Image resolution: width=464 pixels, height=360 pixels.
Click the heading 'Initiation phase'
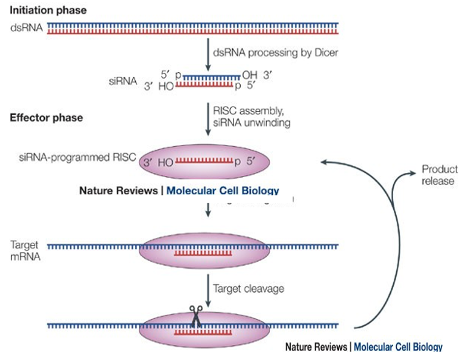pyautogui.click(x=48, y=10)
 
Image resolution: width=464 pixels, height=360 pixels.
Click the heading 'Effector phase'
pyautogui.click(x=46, y=117)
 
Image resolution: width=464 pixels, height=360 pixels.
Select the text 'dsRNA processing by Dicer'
pyautogui.click(x=276, y=52)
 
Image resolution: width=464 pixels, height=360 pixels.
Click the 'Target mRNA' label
pyautogui.click(x=24, y=251)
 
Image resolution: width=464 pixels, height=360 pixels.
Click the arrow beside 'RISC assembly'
pyautogui.click(x=208, y=116)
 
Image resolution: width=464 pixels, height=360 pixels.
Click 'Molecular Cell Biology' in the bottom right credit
pyautogui.click(x=398, y=347)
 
